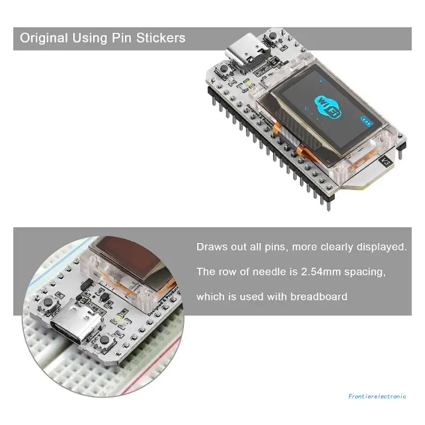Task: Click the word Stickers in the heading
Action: [x=162, y=38]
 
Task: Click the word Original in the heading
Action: [x=44, y=38]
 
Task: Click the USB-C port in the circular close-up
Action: [x=73, y=327]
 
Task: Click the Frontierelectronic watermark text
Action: [x=378, y=396]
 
